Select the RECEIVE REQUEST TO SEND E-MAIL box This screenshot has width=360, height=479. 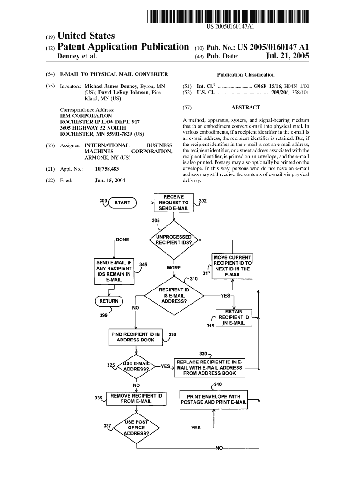173,203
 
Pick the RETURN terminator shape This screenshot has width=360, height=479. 108,300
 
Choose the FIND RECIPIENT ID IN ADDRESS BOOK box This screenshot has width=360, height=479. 135,337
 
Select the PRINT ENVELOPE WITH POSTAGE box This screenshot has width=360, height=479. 214,399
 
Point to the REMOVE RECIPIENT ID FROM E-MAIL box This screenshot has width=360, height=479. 136,399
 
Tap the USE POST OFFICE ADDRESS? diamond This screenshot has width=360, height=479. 136,428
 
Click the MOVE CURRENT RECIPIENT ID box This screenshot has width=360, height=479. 232,266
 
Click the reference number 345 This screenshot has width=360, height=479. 143,265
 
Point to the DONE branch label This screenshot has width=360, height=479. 122,239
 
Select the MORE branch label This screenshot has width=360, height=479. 173,268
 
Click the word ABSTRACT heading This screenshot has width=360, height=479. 245,108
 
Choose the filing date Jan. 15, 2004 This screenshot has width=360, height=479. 110,180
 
